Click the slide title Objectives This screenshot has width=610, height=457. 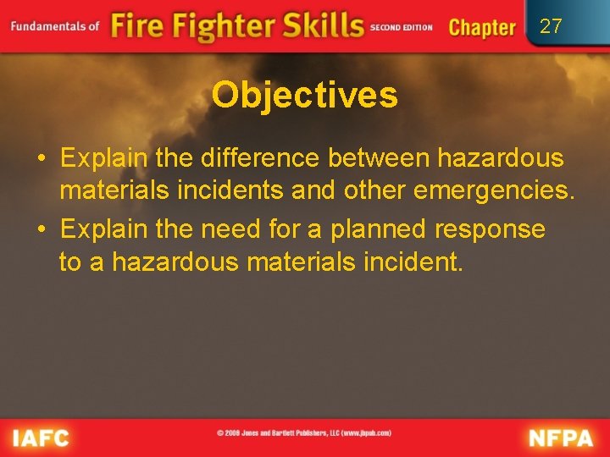click(x=304, y=95)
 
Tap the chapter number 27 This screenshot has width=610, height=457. click(x=551, y=26)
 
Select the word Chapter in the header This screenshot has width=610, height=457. click(x=482, y=27)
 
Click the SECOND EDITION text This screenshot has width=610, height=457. click(x=402, y=27)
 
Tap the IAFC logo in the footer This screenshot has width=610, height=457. click(x=40, y=438)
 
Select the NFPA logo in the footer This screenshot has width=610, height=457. click(x=562, y=438)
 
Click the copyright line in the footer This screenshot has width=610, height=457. click(x=304, y=432)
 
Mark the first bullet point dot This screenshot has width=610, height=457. click(x=41, y=158)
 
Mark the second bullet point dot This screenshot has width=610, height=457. click(x=41, y=229)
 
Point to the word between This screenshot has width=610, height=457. click(x=380, y=157)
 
